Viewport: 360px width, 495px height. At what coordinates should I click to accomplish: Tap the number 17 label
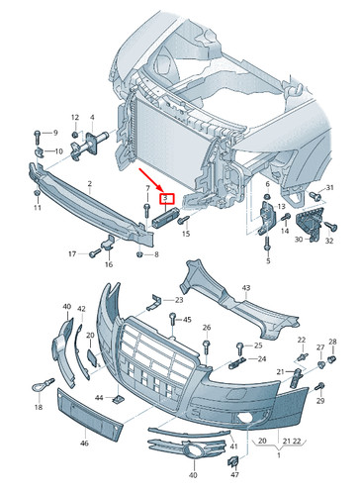72,254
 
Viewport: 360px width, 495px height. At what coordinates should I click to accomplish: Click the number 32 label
331,240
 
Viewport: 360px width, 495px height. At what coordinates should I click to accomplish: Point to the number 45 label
185,319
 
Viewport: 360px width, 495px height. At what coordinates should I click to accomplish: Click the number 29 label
319,404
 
